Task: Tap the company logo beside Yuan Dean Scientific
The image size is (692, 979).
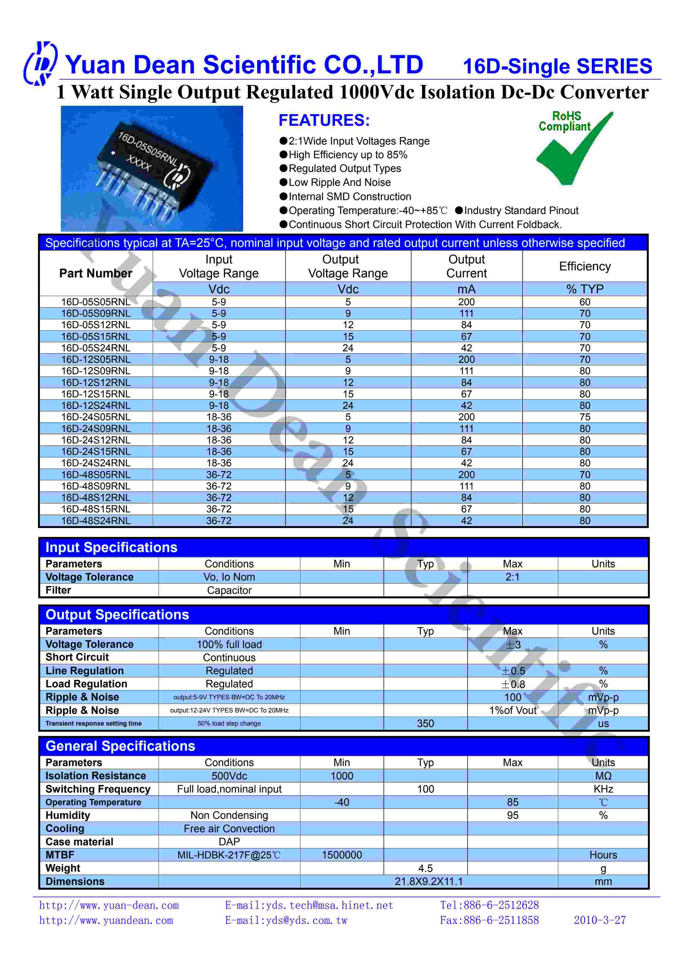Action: tap(40, 64)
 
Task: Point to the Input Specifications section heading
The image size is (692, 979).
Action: tap(111, 548)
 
